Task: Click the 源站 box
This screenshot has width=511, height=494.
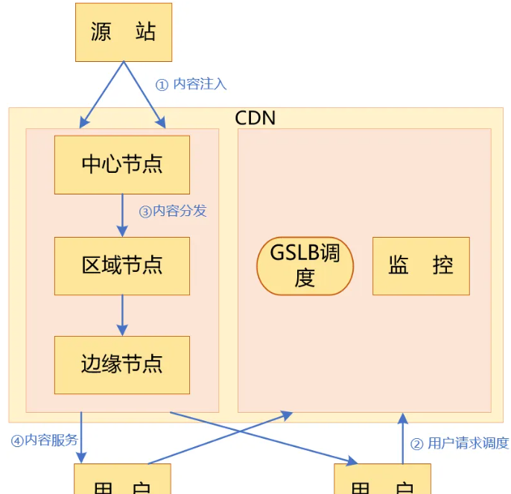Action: (123, 32)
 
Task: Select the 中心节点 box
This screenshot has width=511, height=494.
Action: (122, 165)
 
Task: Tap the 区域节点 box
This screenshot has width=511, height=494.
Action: (122, 265)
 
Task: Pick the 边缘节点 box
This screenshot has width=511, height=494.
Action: (122, 364)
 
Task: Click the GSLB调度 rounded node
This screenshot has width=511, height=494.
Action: (305, 266)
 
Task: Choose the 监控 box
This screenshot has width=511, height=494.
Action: (421, 266)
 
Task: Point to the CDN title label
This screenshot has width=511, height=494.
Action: (255, 118)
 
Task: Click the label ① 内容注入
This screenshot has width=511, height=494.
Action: (191, 84)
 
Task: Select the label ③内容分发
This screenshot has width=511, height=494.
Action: (173, 211)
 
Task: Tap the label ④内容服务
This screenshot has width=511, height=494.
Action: (45, 440)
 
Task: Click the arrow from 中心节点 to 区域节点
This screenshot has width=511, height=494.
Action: (122, 215)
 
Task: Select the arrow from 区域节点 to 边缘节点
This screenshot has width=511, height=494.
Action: (122, 315)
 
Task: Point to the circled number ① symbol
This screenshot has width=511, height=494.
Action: (162, 85)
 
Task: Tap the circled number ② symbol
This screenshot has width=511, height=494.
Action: (417, 444)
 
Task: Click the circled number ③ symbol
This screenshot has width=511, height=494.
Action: (145, 212)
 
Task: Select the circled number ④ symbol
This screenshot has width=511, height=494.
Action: (17, 440)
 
